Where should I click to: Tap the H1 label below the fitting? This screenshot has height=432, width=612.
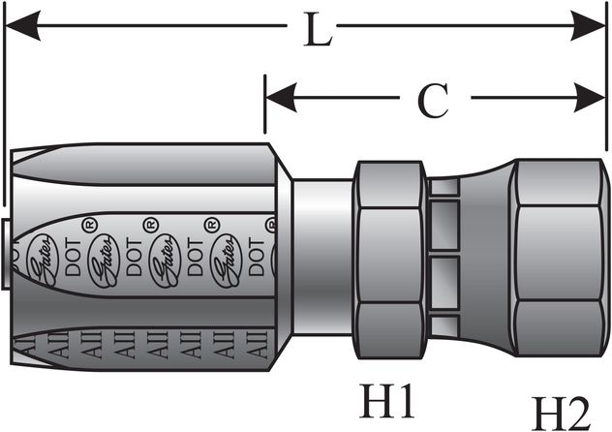(386, 398)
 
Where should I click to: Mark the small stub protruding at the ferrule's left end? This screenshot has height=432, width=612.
(8, 254)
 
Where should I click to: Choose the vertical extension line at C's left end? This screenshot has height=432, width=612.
(264, 107)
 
